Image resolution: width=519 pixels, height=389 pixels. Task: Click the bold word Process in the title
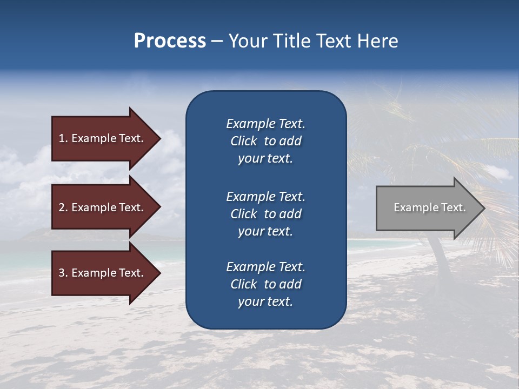(170, 41)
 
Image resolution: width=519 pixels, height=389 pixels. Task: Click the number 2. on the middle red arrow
(63, 207)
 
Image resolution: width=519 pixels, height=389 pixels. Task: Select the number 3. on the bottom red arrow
(63, 273)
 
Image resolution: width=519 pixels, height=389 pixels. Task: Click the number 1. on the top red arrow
(63, 138)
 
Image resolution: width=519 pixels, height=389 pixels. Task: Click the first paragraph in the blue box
(265, 141)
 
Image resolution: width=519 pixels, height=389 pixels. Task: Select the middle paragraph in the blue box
(265, 214)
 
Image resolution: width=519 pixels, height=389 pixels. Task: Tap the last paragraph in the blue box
(265, 284)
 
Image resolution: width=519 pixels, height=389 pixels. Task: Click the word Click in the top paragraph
(243, 141)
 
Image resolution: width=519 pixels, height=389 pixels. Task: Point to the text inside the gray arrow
(429, 207)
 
